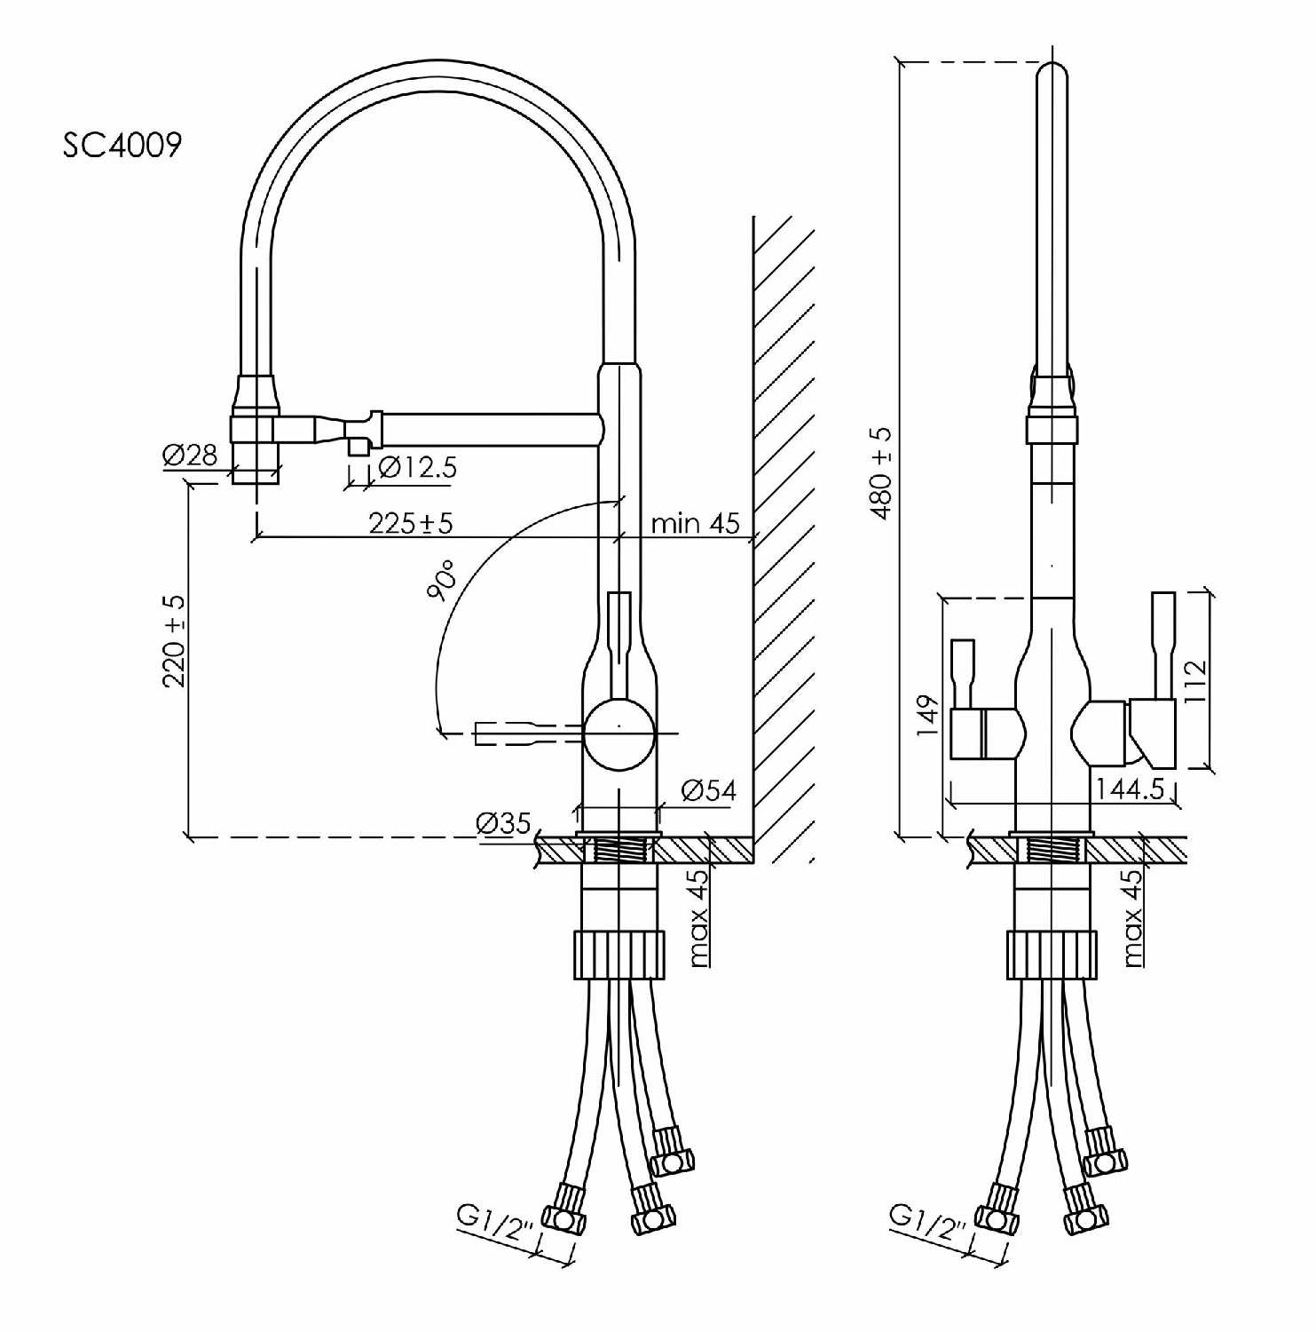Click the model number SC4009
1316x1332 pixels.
tap(122, 144)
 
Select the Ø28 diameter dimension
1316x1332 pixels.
tap(190, 456)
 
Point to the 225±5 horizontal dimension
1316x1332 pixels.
tap(410, 522)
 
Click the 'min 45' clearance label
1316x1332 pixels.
tap(695, 522)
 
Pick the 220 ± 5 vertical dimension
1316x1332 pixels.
tap(174, 640)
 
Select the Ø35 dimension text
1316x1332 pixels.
tap(503, 822)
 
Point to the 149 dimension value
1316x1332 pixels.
tap(927, 715)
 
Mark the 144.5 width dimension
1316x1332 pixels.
tap(1129, 789)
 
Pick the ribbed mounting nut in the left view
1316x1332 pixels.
tap(619, 955)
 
